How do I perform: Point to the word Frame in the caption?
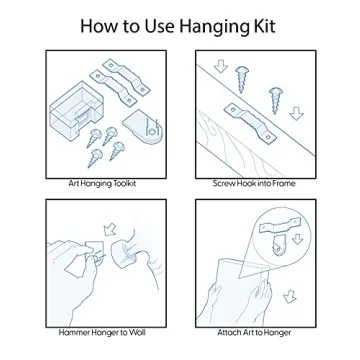click(x=283, y=184)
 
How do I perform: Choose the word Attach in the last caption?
click(x=229, y=332)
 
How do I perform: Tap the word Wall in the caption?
click(x=137, y=332)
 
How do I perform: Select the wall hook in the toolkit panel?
click(x=144, y=127)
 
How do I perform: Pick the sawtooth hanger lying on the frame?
click(x=251, y=123)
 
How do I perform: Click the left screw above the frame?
click(x=242, y=79)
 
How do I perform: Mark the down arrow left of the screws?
click(x=221, y=66)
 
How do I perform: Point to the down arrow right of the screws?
click(x=296, y=114)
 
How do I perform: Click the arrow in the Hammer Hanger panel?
click(x=109, y=229)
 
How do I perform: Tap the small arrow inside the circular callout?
click(x=298, y=239)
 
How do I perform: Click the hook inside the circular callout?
click(x=278, y=246)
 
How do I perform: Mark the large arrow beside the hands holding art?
click(x=290, y=296)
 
